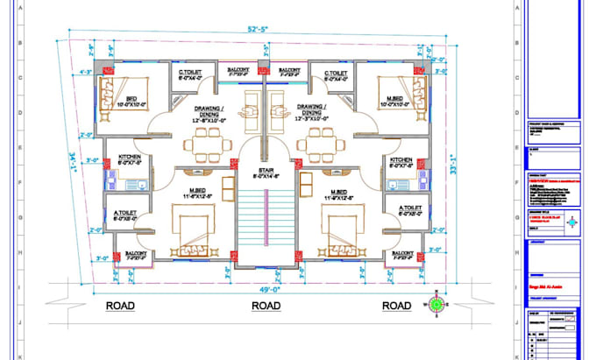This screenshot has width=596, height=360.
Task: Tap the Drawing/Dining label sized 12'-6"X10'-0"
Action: [210, 115]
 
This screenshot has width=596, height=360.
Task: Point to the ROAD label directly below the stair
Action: [266, 306]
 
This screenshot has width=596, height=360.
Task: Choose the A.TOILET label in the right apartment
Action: [403, 208]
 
